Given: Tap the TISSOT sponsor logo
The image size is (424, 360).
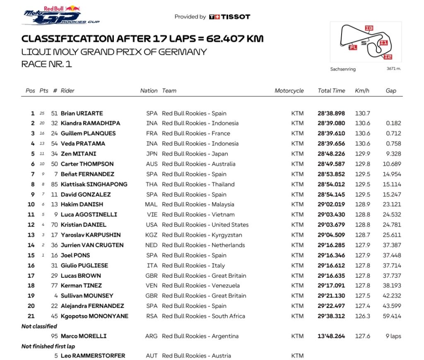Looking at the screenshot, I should tap(229, 17).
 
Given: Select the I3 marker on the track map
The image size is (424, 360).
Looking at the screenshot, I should tap(369, 28).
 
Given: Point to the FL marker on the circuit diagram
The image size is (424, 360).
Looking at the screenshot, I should tap(353, 48).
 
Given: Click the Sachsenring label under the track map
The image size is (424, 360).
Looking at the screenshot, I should tap(343, 69).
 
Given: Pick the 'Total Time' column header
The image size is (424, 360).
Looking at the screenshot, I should tap(331, 91).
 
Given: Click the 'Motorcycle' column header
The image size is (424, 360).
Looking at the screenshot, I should tap(289, 91).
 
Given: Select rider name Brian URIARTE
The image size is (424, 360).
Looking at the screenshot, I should tap(82, 113).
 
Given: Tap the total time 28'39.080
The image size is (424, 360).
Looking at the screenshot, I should tap(331, 123).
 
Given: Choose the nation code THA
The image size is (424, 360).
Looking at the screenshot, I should tap(152, 184).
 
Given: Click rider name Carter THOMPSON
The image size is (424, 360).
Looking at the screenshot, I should tap(87, 164).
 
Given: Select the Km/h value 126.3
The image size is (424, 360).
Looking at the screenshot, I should tap(362, 316).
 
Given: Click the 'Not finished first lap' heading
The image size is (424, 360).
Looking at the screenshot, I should tap(48, 346).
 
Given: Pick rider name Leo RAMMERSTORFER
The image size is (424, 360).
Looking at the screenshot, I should tap(93, 356).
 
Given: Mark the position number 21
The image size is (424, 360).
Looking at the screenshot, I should tap(31, 316).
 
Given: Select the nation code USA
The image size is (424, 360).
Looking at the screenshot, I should tap(152, 225).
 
